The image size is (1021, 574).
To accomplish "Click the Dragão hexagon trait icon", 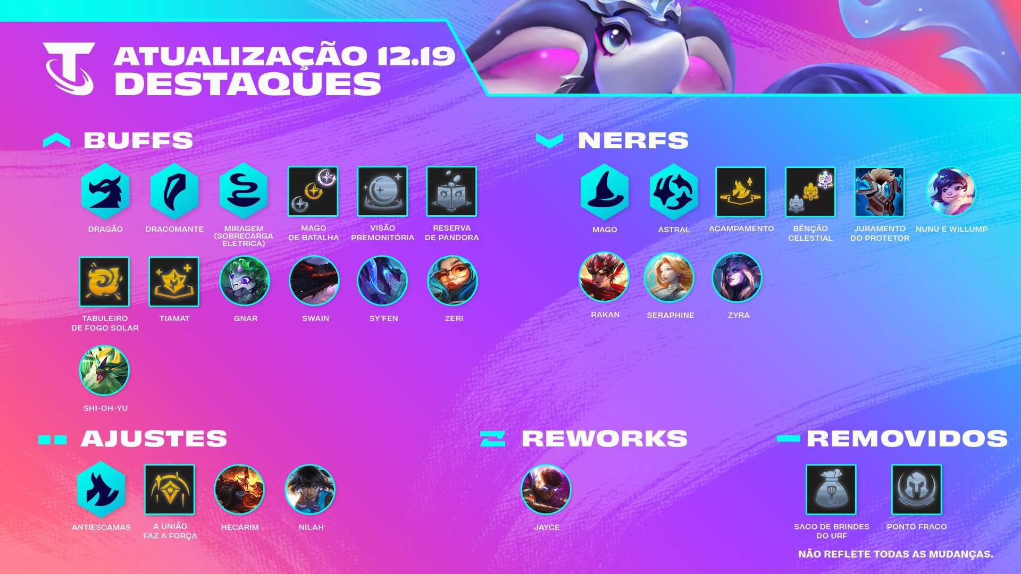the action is (x=105, y=191).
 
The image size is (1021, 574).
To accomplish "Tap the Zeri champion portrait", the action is (x=453, y=281).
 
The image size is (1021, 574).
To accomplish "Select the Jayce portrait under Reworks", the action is (x=546, y=489).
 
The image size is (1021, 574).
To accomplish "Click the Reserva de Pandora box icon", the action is (x=451, y=191).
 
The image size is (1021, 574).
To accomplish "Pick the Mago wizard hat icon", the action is (x=605, y=192).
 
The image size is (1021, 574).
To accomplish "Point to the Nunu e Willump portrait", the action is (x=951, y=192).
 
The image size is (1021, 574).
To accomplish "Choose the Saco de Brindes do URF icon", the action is (x=831, y=489).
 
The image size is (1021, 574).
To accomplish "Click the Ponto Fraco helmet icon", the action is (x=917, y=489).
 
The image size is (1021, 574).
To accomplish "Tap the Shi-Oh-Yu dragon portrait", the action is (x=104, y=371).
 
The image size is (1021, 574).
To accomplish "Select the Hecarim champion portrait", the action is (x=239, y=489).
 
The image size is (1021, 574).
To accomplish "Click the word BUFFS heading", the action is (x=138, y=140).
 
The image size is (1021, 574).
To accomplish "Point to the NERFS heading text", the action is (x=633, y=140).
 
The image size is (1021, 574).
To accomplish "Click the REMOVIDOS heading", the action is (x=907, y=438).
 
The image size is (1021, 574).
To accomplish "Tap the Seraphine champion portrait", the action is (x=669, y=277).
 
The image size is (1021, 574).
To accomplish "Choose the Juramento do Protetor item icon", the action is (x=880, y=192).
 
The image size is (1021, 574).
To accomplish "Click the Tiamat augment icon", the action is (x=174, y=282).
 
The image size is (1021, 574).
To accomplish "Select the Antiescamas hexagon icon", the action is (x=101, y=489).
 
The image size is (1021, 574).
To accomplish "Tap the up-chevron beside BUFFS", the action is (x=56, y=140).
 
